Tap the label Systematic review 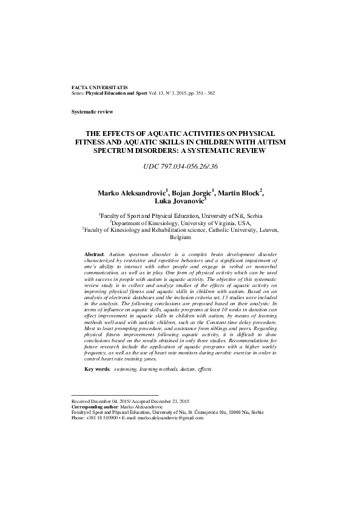pyautogui.click(x=92, y=112)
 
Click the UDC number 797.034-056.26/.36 pyautogui.click(x=180, y=166)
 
